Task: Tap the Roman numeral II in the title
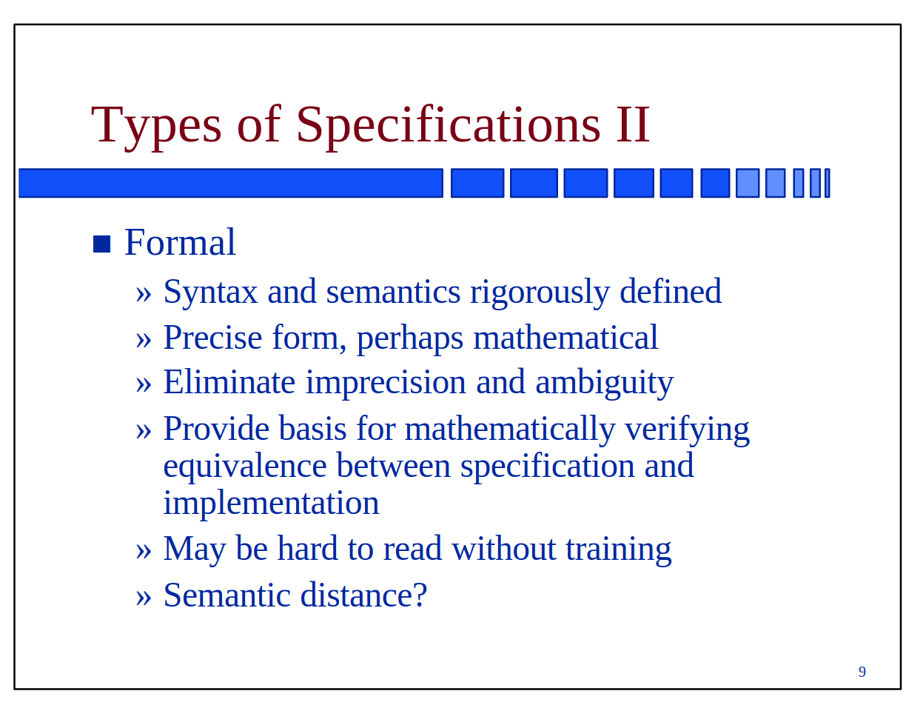[634, 125]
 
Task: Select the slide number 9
[862, 672]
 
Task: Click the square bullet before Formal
[101, 244]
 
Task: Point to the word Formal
[180, 242]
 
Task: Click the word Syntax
[211, 293]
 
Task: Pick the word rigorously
[540, 293]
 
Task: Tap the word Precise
[213, 338]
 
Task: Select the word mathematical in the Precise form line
[565, 338]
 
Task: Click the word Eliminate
[229, 382]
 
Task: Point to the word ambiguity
[605, 384]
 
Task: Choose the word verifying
[687, 430]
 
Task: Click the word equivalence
[245, 467]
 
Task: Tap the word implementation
[271, 504]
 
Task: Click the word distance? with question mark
[363, 595]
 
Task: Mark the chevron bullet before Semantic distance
[143, 598]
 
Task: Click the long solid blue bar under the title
[231, 183]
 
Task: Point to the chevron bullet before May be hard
[143, 551]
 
